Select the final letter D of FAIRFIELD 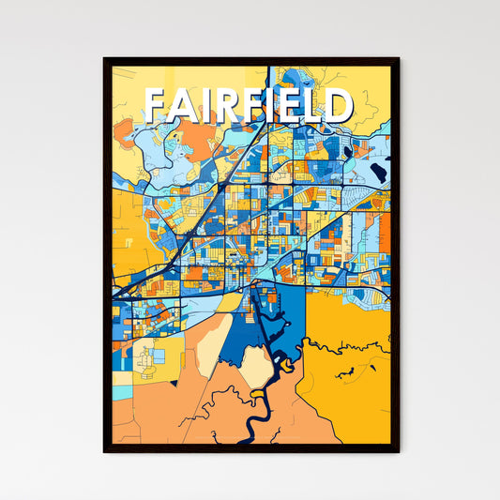337,106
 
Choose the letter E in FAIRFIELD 293,106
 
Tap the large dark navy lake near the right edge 378,172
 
